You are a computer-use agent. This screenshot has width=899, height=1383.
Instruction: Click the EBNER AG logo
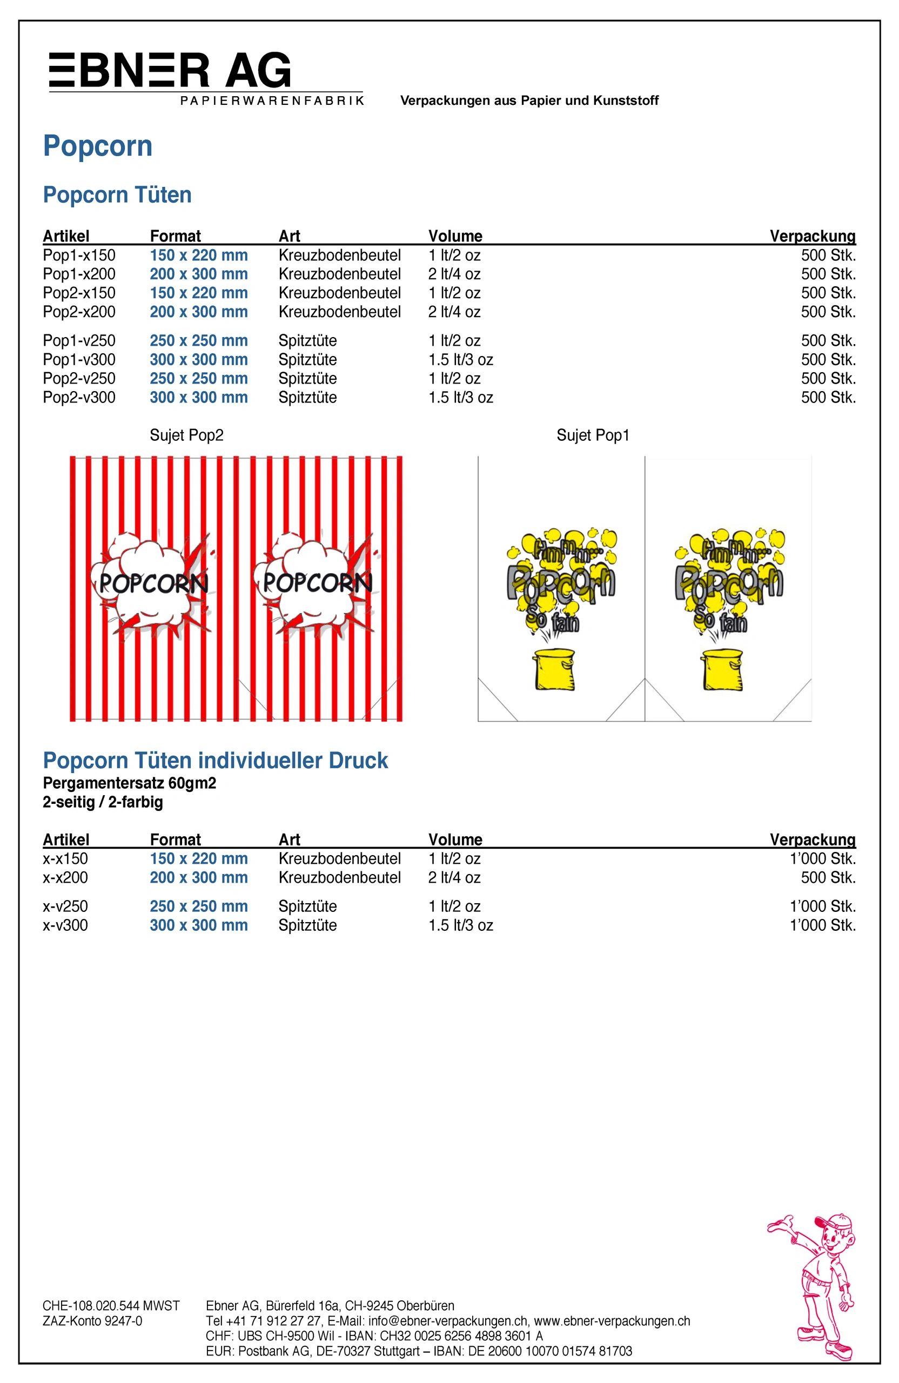170,71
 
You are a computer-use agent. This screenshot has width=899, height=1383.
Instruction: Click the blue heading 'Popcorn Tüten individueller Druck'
215,761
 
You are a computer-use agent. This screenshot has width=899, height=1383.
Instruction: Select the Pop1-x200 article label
79,274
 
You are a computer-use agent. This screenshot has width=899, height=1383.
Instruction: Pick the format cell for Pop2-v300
199,398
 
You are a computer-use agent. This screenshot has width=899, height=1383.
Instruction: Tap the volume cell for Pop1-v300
460,360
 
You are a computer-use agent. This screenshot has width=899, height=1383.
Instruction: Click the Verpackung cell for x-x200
828,877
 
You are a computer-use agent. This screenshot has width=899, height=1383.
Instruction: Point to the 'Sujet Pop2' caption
186,435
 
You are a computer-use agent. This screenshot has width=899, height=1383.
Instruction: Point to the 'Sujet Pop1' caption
593,435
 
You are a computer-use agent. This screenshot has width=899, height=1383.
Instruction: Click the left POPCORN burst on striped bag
152,582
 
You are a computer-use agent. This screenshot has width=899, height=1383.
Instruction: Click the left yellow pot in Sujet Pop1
554,669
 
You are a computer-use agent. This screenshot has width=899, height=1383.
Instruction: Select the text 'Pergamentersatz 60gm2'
129,783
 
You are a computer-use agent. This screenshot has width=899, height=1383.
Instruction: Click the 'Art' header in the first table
290,236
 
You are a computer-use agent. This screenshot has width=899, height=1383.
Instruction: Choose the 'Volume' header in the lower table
455,839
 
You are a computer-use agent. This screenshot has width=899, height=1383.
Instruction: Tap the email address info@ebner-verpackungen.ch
448,1321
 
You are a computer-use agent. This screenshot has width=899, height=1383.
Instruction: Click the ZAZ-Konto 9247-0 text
92,1321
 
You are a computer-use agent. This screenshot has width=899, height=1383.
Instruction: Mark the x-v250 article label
65,907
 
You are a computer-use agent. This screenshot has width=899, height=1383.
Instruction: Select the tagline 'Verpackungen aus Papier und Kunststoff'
529,100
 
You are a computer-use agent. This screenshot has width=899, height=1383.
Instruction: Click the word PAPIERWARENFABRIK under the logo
272,100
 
